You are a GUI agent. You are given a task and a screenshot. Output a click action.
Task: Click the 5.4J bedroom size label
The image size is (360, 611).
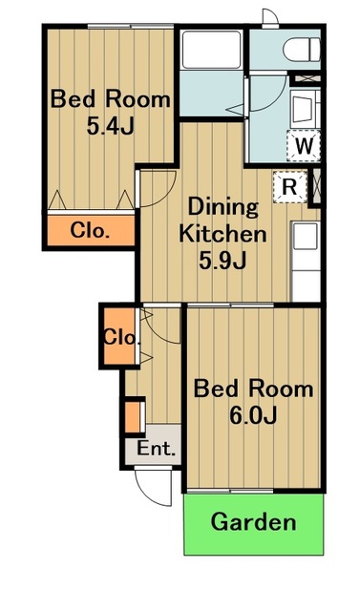pos(110,126)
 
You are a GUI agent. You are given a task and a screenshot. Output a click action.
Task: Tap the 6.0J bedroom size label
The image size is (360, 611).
pos(253,416)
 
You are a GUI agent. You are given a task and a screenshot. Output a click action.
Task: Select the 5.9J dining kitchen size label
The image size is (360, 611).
pos(222,261)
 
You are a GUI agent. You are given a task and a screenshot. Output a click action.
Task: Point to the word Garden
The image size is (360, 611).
pos(254,521)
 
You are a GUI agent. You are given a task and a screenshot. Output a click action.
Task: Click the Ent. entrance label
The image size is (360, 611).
pos(157,449)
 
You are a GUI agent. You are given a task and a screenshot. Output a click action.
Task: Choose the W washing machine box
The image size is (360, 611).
pos(304,146)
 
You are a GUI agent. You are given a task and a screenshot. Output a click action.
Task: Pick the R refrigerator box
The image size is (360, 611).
pos(289,187)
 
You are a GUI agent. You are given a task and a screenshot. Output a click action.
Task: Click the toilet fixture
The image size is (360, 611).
pos(302,50)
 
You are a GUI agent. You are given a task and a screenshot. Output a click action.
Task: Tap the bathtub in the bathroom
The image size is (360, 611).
pos(212,50)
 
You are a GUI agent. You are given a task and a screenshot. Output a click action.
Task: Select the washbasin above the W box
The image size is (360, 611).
pos(305,108)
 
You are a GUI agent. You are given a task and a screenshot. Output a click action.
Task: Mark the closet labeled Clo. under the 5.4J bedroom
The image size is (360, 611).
pos(91,230)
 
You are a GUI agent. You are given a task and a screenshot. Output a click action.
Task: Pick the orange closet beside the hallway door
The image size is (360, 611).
pos(119,337)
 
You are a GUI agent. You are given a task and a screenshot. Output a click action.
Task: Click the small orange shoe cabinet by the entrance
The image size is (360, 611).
pos(133,417)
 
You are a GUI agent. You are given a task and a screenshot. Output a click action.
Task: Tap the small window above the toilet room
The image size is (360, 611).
pos(270,18)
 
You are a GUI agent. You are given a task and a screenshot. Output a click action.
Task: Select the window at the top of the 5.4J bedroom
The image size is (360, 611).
pos(131,27)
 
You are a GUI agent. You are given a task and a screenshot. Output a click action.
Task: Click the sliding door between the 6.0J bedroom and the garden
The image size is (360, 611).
pos(230,491)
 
